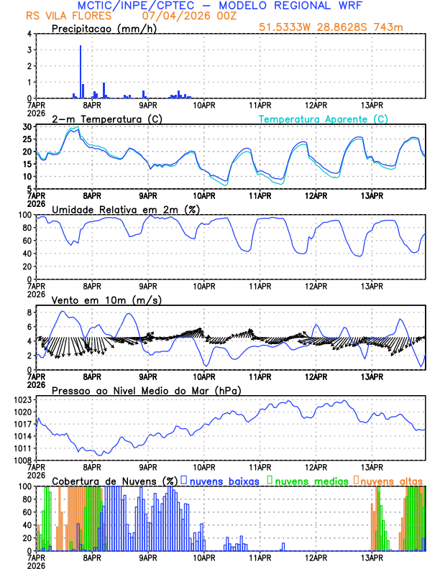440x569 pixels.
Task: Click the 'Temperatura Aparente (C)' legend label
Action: pyautogui.click(x=324, y=119)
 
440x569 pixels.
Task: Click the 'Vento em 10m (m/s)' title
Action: pyautogui.click(x=96, y=300)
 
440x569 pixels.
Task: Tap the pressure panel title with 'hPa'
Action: pyautogui.click(x=146, y=390)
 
